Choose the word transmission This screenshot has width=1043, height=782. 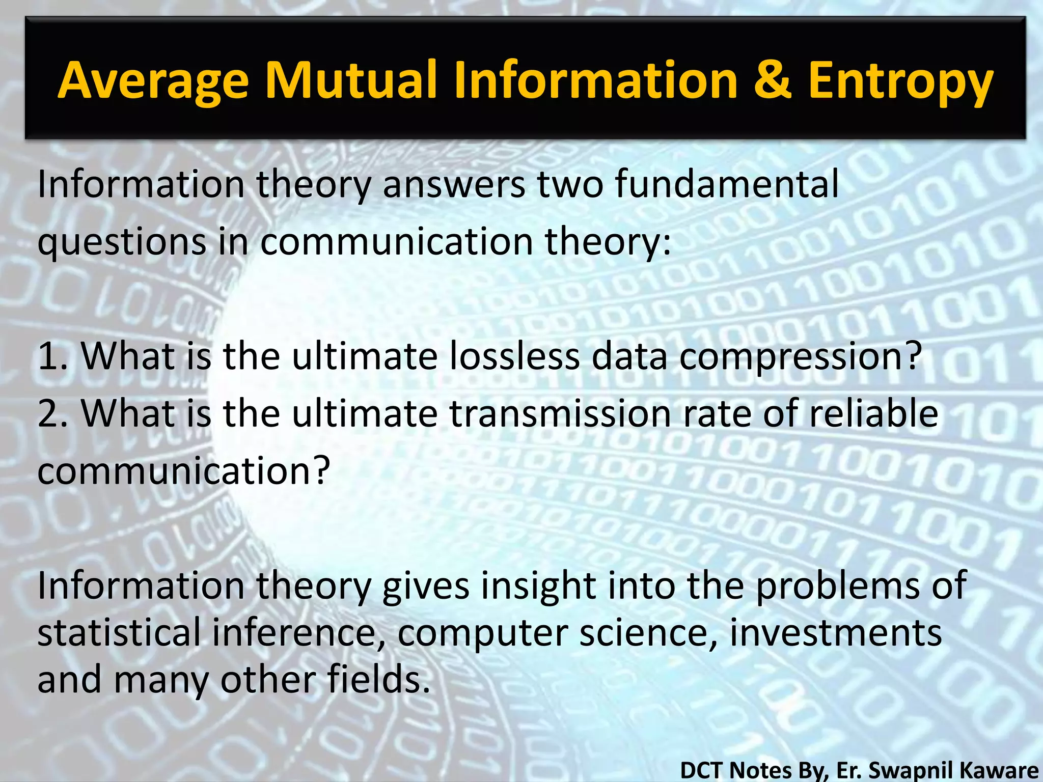pyautogui.click(x=560, y=413)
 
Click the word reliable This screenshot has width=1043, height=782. pyautogui.click(x=873, y=413)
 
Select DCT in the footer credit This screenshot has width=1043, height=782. pyautogui.click(x=703, y=770)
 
